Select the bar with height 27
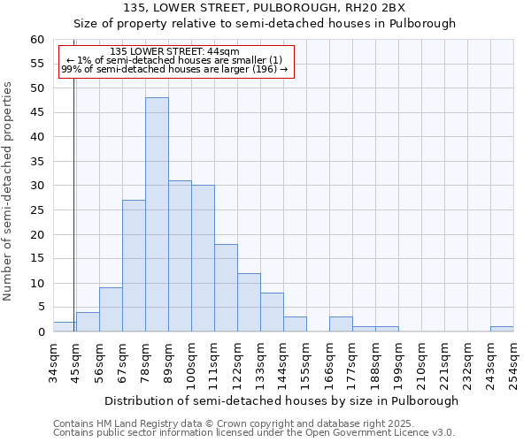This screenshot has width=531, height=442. [134, 265]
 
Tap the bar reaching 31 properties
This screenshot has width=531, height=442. [180, 256]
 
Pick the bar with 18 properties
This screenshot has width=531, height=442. [226, 287]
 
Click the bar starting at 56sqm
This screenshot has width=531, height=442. [111, 309]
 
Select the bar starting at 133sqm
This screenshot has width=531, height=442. [272, 312]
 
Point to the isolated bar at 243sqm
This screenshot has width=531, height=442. [502, 329]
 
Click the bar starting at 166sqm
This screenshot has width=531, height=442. [341, 324]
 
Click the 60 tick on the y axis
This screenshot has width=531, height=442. [37, 40]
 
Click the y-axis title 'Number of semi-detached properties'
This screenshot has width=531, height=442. [9, 191]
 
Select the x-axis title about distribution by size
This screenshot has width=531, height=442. [281, 400]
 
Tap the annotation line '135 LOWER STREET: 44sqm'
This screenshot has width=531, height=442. [174, 51]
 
